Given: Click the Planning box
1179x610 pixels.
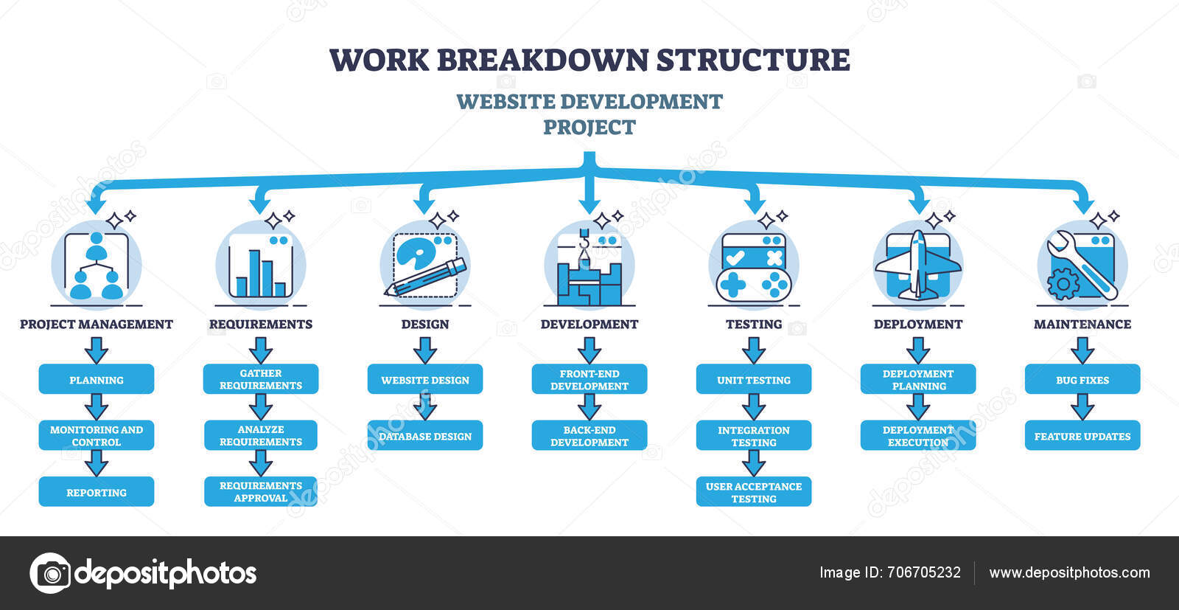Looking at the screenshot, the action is coord(97,379).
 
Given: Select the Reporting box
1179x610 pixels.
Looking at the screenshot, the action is coord(97,491).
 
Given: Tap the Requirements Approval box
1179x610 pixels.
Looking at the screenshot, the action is coord(261,491).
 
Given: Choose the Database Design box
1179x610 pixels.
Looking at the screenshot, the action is coord(424,435).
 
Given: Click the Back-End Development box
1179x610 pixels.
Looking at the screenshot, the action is coord(589,435).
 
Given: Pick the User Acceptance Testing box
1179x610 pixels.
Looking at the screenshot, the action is coord(754,491).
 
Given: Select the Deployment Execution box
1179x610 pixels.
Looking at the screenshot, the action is coord(918,435).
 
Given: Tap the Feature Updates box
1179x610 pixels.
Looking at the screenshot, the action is coord(1082,435).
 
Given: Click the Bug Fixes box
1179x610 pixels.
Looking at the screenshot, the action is coord(1082,379).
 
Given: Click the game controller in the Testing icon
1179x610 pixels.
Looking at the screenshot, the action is coord(754,285).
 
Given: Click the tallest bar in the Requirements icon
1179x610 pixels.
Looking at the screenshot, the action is coord(255,273).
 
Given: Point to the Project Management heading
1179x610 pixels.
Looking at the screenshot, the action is coord(97,324).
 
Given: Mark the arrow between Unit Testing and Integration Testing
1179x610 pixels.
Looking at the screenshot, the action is coord(754,407).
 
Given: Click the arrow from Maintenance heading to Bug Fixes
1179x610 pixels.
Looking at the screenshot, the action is coord(1082,351).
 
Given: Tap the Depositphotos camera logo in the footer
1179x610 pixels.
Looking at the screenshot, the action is coord(51,573).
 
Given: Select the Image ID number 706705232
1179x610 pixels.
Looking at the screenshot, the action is coord(924,572).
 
